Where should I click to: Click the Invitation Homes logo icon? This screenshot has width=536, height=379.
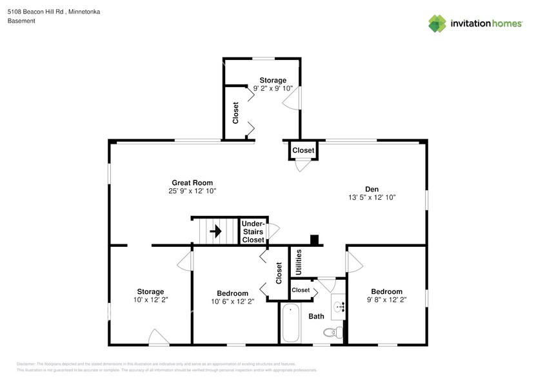(x=437, y=23)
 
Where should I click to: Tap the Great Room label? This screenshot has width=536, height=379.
(x=192, y=182)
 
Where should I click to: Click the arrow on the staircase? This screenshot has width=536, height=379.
(x=216, y=230)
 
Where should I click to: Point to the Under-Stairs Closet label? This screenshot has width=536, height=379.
(x=253, y=231)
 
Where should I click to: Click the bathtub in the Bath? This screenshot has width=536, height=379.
(x=291, y=324)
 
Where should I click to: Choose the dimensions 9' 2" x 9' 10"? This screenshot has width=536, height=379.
(x=273, y=88)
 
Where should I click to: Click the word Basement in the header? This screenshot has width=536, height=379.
(x=21, y=21)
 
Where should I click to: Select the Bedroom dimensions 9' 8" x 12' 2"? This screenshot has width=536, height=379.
(x=386, y=300)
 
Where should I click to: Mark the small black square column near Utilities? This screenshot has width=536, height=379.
(x=314, y=240)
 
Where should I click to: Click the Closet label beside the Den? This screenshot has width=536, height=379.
(x=303, y=150)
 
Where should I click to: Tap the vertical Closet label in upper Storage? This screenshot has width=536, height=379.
(x=235, y=113)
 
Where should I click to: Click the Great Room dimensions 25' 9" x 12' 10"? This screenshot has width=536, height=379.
(x=192, y=191)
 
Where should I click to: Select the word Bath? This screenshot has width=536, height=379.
(x=315, y=316)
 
